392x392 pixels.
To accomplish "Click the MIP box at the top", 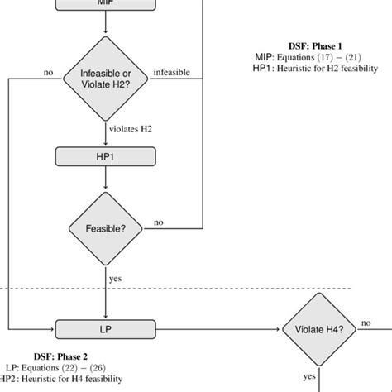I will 106,4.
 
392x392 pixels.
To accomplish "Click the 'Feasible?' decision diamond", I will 106,228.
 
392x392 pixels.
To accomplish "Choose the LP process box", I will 106,328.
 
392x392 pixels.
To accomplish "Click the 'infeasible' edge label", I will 173,73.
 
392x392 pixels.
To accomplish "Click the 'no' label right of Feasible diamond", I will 158,222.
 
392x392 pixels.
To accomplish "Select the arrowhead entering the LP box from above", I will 106,315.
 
